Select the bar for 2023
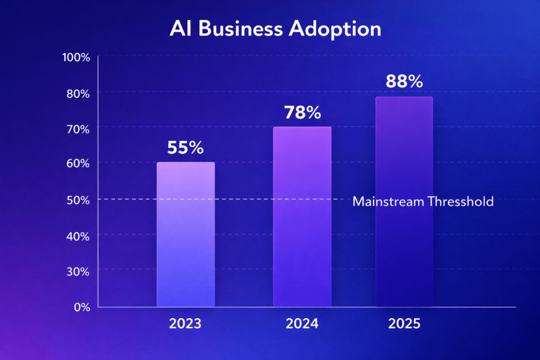[186, 234]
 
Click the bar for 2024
[302, 216]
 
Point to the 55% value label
[185, 148]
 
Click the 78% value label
[302, 113]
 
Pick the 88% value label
[404, 82]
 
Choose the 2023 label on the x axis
[185, 323]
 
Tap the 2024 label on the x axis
[302, 323]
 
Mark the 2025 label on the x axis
[404, 323]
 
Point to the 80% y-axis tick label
[78, 93]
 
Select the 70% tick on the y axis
[78, 128]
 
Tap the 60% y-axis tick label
[78, 163]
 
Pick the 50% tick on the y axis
[78, 200]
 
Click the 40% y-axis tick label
[78, 236]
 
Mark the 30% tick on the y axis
[78, 271]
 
